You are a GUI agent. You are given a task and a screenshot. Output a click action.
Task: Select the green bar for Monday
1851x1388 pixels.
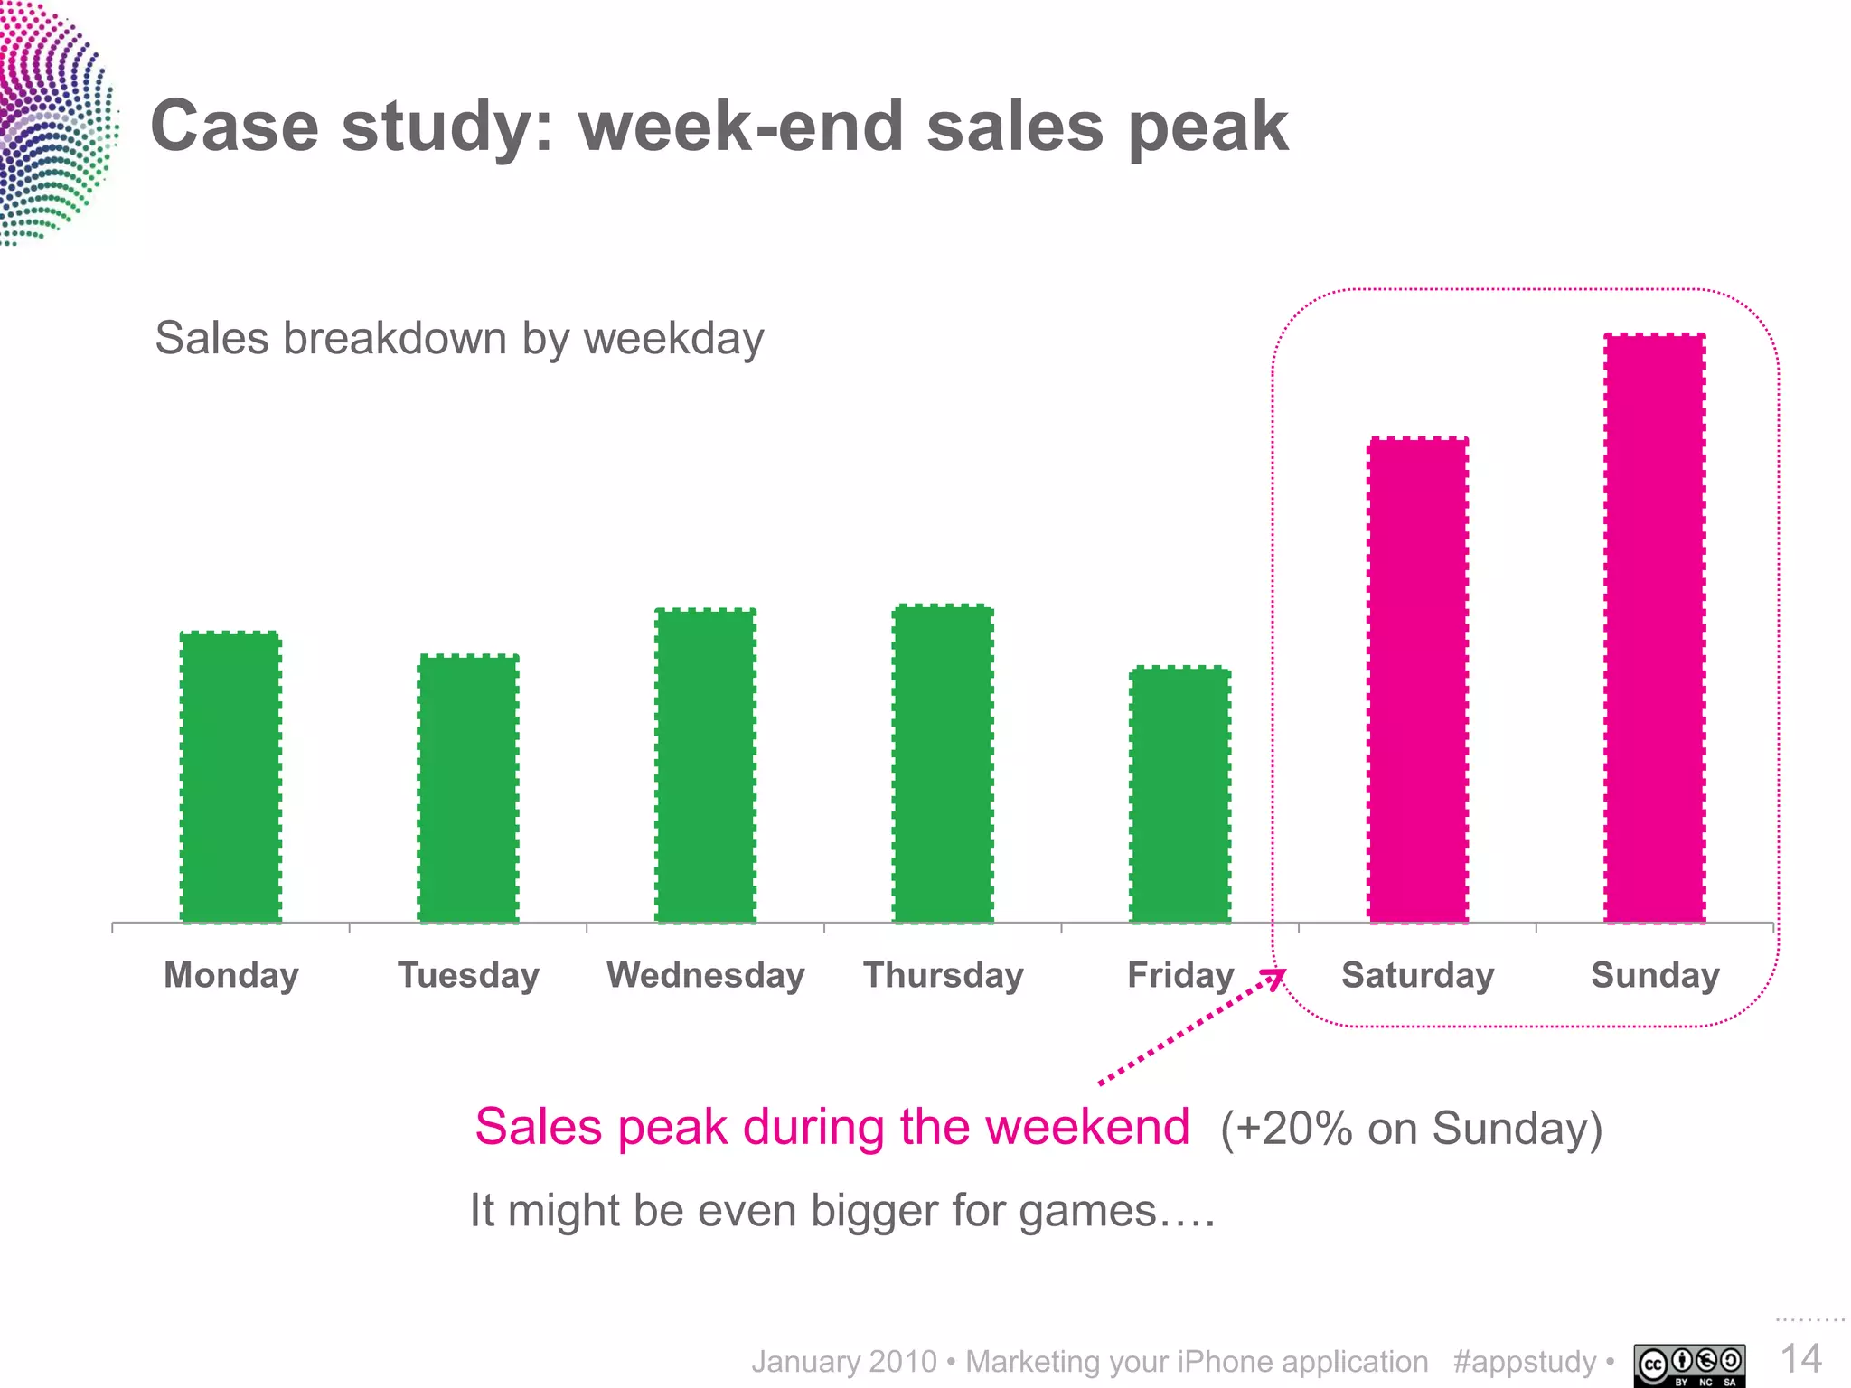point(230,777)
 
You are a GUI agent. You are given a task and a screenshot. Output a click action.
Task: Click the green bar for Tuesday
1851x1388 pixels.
point(468,788)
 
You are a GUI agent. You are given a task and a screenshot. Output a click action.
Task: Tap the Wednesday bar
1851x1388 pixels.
point(705,766)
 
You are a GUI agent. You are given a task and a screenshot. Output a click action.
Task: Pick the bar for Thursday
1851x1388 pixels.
point(943,764)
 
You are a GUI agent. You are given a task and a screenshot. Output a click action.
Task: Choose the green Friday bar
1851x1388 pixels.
point(1180,795)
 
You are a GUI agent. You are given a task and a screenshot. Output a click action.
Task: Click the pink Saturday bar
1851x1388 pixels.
point(1417,680)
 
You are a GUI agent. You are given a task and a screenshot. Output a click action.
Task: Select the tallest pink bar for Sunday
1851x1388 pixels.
point(1655,628)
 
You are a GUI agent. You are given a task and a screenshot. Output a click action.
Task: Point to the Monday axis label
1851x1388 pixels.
point(231,976)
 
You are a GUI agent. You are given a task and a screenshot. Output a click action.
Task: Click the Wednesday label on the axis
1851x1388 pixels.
point(705,976)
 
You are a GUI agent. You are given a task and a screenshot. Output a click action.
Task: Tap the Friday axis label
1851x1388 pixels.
point(1180,976)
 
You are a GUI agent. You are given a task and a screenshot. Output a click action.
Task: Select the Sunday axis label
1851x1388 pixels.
point(1655,976)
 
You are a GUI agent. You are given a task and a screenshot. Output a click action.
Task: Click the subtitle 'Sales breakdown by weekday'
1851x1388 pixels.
point(459,339)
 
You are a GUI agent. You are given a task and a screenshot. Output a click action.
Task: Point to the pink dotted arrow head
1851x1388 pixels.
point(1275,978)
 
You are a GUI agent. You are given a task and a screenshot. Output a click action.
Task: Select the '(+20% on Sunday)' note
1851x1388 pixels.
point(1411,1129)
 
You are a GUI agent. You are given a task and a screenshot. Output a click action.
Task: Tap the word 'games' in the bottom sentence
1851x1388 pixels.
point(1088,1212)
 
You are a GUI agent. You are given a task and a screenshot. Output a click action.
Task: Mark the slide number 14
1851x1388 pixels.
point(1800,1359)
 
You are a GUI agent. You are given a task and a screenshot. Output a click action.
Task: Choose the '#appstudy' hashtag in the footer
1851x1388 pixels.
point(1525,1362)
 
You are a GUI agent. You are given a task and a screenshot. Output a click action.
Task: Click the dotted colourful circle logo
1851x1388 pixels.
point(54,122)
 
